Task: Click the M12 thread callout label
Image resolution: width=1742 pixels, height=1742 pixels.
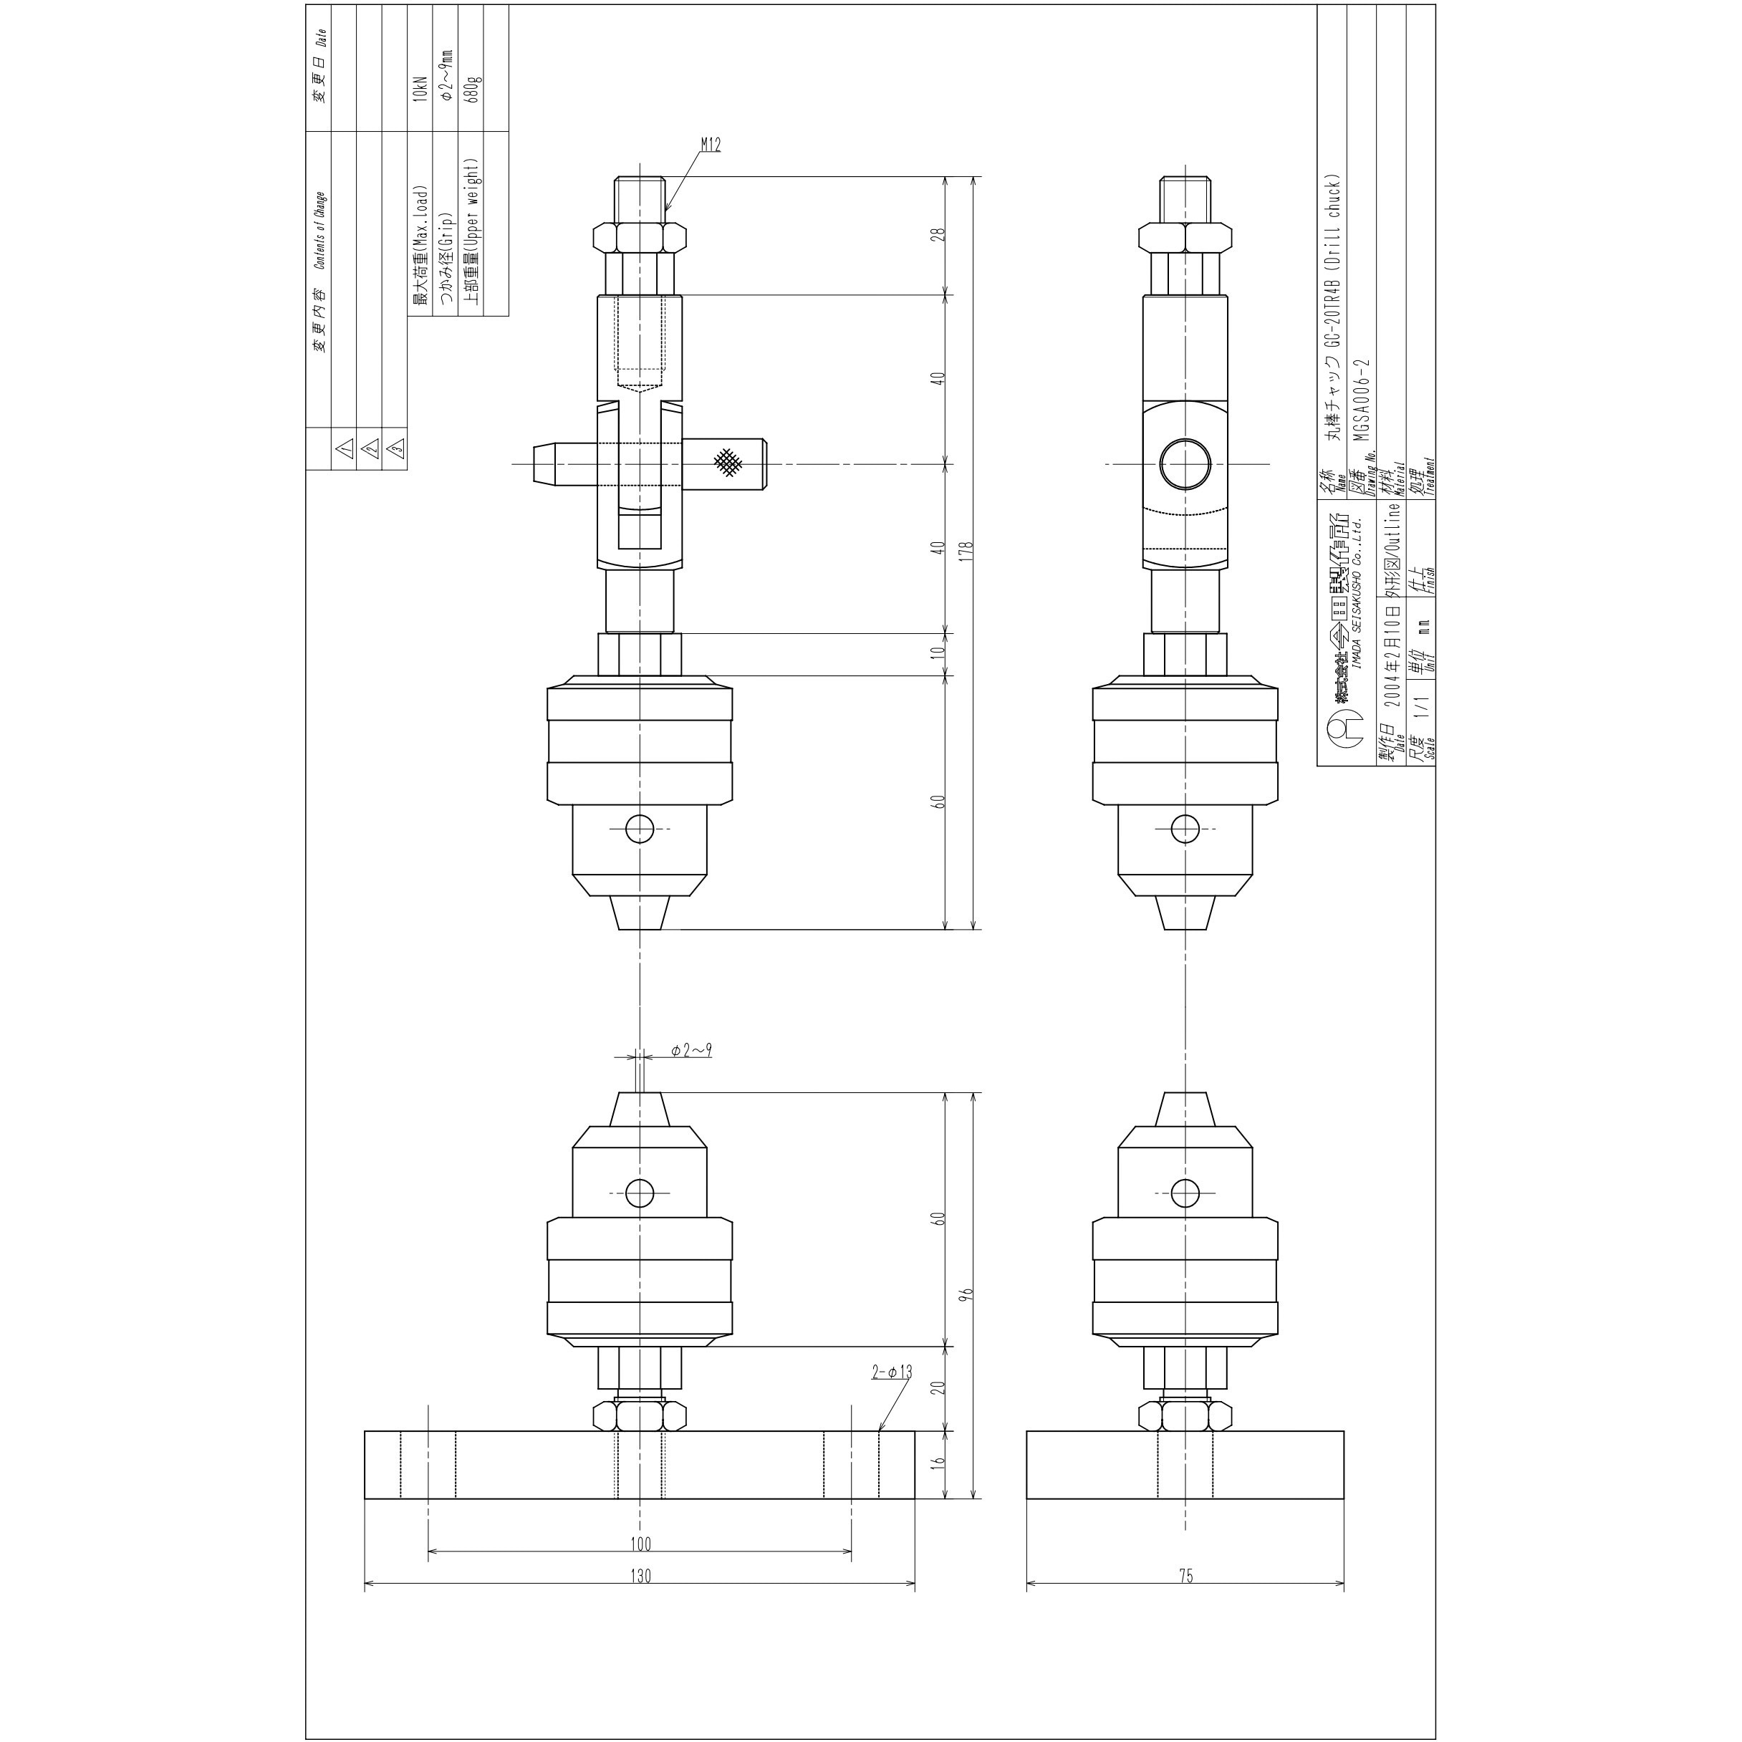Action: point(711,144)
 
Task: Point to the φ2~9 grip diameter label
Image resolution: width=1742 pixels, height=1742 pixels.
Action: point(691,1049)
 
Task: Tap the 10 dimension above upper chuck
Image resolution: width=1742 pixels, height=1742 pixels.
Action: point(938,653)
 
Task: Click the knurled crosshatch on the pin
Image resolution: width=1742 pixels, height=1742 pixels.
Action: point(728,463)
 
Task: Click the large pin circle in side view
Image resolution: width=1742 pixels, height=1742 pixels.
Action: point(1185,463)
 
